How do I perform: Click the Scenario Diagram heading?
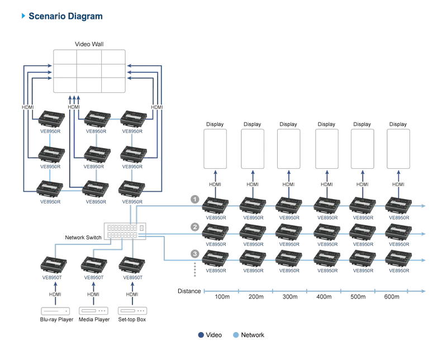pos(65,16)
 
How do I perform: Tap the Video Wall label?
pos(89,44)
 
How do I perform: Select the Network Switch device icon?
pos(125,231)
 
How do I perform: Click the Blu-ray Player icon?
pos(55,311)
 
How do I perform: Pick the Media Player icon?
pos(93,311)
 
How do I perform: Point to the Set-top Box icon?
pos(132,311)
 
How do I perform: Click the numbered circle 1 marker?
pos(195,199)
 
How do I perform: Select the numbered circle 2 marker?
pos(195,227)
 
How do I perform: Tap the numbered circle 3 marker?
pos(195,254)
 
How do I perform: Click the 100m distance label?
pos(222,297)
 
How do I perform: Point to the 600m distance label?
pos(392,297)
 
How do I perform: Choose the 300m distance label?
pos(290,297)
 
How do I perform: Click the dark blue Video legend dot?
pos(201,335)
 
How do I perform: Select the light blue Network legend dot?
pos(236,335)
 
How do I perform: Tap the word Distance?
pos(189,291)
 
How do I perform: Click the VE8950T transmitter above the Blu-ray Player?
pos(53,265)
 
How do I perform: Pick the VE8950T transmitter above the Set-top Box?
pos(132,265)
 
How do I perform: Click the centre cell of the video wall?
pos(89,71)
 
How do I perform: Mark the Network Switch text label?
pos(83,238)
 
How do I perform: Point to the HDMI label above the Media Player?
pos(93,294)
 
